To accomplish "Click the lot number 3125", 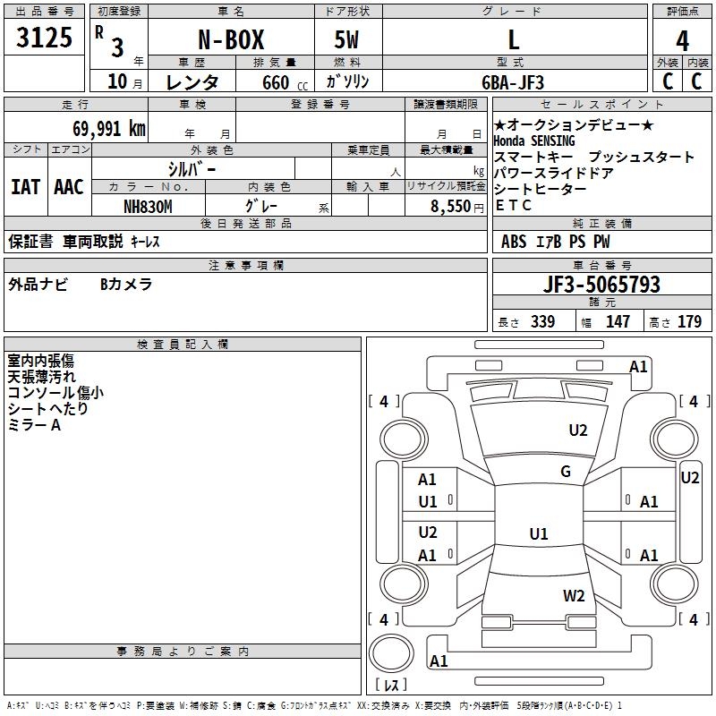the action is click(x=46, y=39).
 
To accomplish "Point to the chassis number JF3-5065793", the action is click(x=601, y=285).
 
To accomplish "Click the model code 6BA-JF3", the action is click(x=513, y=81).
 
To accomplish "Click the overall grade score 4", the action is click(x=682, y=40).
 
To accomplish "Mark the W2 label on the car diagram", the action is click(x=574, y=595).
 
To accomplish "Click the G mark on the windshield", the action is click(x=566, y=472).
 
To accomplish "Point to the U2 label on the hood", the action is click(x=578, y=430).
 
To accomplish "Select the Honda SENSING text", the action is click(x=534, y=141).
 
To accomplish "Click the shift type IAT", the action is click(x=25, y=187).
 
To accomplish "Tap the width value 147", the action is click(x=618, y=322).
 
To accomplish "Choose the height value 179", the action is click(x=689, y=322).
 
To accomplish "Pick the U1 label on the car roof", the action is click(x=538, y=534).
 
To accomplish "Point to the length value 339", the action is click(x=542, y=322).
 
